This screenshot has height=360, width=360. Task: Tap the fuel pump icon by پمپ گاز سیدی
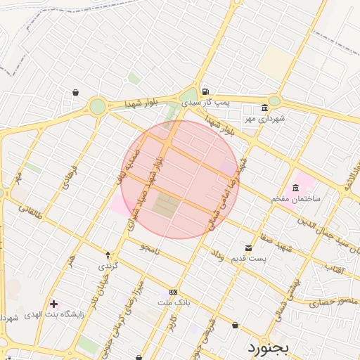click(x=205, y=91)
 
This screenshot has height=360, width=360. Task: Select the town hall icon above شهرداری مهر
click(x=264, y=108)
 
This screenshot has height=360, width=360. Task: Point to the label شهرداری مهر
click(x=265, y=118)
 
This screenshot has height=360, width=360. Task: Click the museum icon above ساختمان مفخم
click(x=295, y=188)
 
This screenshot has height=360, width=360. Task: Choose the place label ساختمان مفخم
click(x=296, y=199)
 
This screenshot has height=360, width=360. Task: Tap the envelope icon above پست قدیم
click(x=249, y=247)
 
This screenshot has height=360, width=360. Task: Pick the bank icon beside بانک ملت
click(x=173, y=291)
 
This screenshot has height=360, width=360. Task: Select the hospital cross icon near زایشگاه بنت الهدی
click(x=54, y=304)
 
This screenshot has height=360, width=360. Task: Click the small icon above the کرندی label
click(x=108, y=255)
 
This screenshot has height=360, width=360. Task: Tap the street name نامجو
click(x=150, y=248)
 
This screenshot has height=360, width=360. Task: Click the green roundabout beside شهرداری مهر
click(x=274, y=101)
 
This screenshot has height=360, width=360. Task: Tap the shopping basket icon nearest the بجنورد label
click(x=235, y=325)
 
